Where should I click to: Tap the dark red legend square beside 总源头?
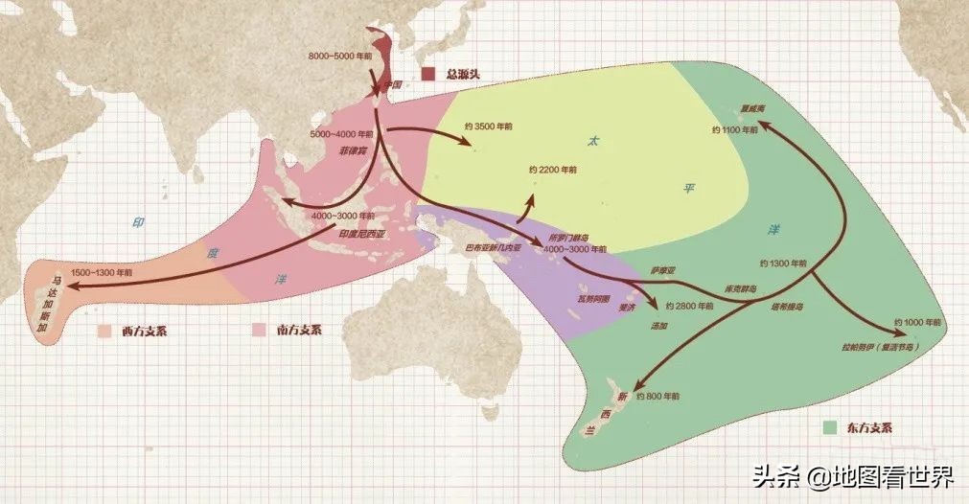(x=427, y=74)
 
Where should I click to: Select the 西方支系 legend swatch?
(x=104, y=331)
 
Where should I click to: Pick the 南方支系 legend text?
(x=297, y=330)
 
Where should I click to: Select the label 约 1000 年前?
(x=916, y=322)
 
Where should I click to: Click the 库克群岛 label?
(x=742, y=286)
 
